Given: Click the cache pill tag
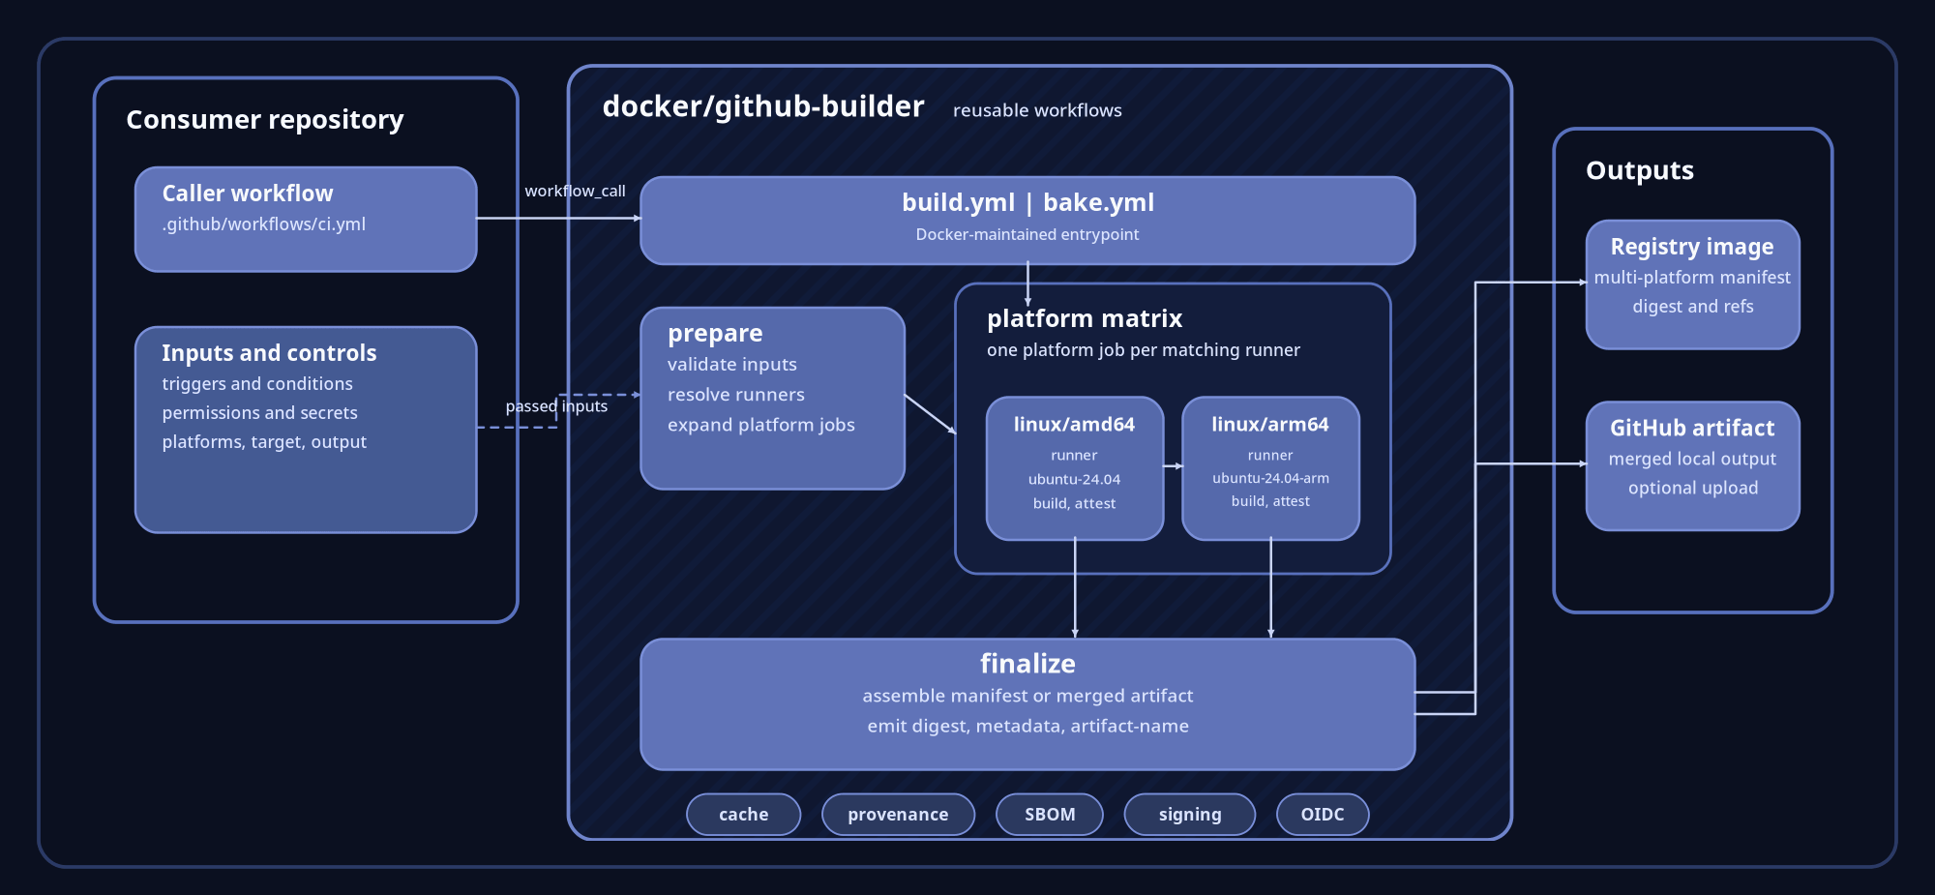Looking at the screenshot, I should [x=743, y=815].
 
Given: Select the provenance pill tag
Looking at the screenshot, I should [x=898, y=815].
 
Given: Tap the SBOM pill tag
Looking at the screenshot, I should [x=1050, y=815].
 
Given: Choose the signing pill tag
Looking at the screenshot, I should [x=1189, y=815].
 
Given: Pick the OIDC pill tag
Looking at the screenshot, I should [x=1323, y=815].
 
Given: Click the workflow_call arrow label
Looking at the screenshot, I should [x=575, y=192].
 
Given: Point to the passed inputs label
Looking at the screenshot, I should [x=556, y=406].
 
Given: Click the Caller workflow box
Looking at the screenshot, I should [x=306, y=220].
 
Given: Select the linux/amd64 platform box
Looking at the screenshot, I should [x=1074, y=468].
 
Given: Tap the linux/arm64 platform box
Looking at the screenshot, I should [x=1270, y=468].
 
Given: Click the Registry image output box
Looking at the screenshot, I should [x=1692, y=284].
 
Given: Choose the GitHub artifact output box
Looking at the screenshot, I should [x=1692, y=465].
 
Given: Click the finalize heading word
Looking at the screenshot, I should [x=1027, y=664].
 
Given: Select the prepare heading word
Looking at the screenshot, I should [x=715, y=334].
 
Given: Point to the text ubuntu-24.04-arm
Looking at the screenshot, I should [x=1270, y=478].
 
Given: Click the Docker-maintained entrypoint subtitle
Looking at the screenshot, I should [x=1027, y=234].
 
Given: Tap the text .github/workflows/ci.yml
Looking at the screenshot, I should [x=263, y=224].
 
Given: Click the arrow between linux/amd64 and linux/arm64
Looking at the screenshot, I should [x=1173, y=466].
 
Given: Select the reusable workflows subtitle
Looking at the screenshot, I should [x=1037, y=110].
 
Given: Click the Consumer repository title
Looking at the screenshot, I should [x=264, y=120].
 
